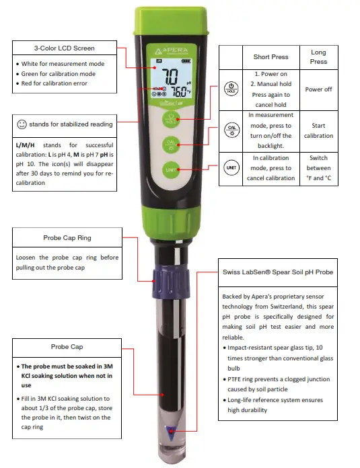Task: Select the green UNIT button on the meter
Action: point(171,170)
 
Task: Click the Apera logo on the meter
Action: point(170,51)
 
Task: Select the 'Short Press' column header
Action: point(271,57)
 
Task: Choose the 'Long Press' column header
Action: point(318,57)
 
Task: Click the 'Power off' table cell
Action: point(318,89)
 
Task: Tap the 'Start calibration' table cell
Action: point(318,130)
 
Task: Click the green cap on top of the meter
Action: point(171,24)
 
